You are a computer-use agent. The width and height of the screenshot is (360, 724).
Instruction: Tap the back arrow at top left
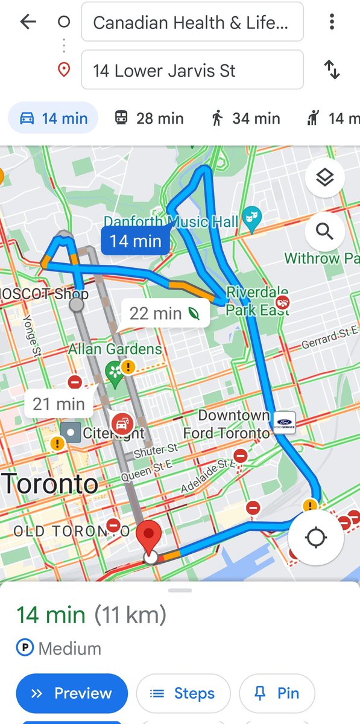[x=28, y=22]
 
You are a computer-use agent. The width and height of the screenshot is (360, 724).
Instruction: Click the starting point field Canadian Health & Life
[x=192, y=23]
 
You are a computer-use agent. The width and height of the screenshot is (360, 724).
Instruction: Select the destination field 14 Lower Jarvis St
[x=192, y=71]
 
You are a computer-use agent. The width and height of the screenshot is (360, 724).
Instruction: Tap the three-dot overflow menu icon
[x=332, y=22]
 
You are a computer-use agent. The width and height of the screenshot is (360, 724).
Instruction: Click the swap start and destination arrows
[x=332, y=70]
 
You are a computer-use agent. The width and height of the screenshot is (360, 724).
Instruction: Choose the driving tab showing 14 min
[x=53, y=118]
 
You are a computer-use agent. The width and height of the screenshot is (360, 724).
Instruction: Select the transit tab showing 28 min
[x=149, y=118]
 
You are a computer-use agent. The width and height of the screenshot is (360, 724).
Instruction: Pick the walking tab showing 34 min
[x=246, y=118]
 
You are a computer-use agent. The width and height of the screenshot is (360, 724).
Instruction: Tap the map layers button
[x=324, y=178]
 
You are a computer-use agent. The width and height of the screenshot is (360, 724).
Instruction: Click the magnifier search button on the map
[x=324, y=231]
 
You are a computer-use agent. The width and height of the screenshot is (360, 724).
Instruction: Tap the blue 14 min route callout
[x=135, y=241]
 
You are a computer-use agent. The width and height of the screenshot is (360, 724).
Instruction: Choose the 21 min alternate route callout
[x=58, y=404]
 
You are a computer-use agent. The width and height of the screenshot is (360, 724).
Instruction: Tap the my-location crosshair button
[x=315, y=538]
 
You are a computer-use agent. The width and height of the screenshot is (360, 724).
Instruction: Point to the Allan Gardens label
[x=115, y=349]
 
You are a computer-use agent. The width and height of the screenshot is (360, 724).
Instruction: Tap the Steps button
[x=183, y=694]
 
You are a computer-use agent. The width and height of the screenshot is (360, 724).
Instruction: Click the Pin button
[x=277, y=694]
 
